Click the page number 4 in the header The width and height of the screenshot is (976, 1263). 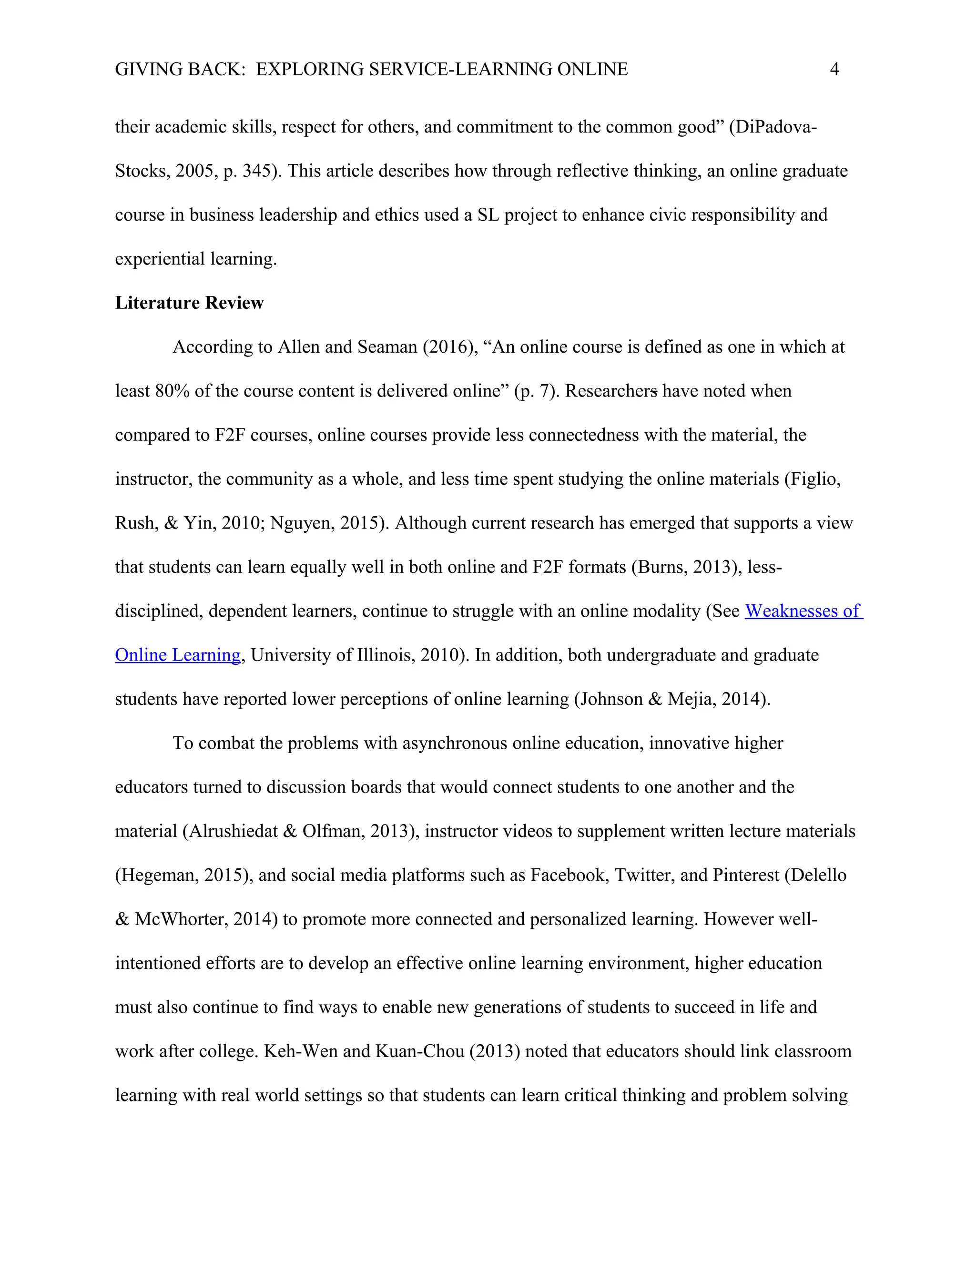[834, 70]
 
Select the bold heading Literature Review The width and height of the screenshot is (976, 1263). [189, 303]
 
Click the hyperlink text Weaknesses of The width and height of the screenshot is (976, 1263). [803, 611]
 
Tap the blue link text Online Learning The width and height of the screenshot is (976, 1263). [177, 655]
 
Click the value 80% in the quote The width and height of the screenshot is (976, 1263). [172, 391]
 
